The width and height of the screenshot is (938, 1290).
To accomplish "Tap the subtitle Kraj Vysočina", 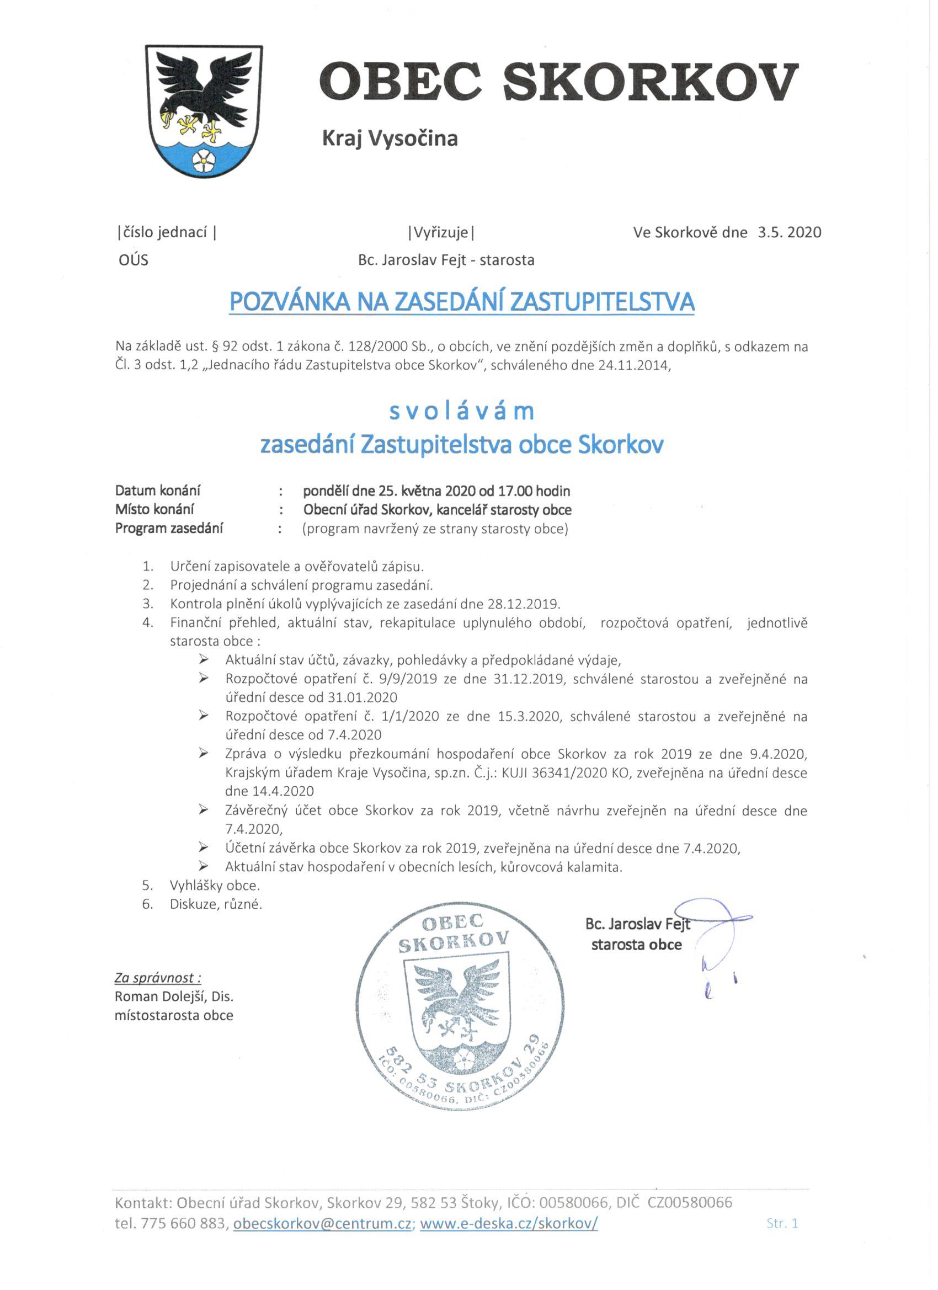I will pos(390,138).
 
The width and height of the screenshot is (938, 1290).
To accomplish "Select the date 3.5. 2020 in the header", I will pos(790,232).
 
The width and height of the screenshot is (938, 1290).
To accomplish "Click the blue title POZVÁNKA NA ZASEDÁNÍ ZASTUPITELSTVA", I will pos(462,301).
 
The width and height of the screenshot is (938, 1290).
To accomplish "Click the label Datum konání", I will pos(158,491).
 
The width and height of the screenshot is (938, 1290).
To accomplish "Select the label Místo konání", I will pos(154,509).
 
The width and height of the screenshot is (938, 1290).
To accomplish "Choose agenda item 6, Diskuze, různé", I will pos(216,904).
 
